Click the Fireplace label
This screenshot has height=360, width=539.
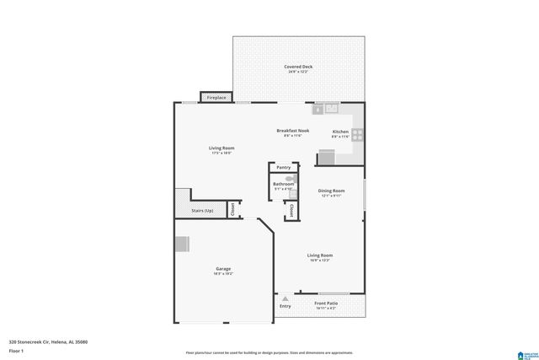coord(216,98)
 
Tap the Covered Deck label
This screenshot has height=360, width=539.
coord(298,66)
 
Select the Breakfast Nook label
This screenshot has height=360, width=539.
coord(293,131)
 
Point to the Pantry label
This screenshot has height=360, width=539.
coord(283,167)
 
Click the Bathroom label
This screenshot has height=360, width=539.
coord(283,184)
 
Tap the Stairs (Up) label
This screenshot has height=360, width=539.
coord(202,210)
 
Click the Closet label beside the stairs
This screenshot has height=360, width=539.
coord(232,208)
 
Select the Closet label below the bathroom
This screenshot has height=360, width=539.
coord(291,209)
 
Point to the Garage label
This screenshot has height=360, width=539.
coord(222,269)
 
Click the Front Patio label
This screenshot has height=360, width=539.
coord(326,304)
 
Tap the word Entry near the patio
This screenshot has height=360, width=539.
coord(286,306)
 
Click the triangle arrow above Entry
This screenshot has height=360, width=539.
coord(286,298)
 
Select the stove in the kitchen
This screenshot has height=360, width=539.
coord(357,133)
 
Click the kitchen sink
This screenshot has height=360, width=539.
coord(331,108)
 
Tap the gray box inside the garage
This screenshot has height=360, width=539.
coord(182,244)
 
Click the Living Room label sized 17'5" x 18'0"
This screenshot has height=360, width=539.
coord(221,148)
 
